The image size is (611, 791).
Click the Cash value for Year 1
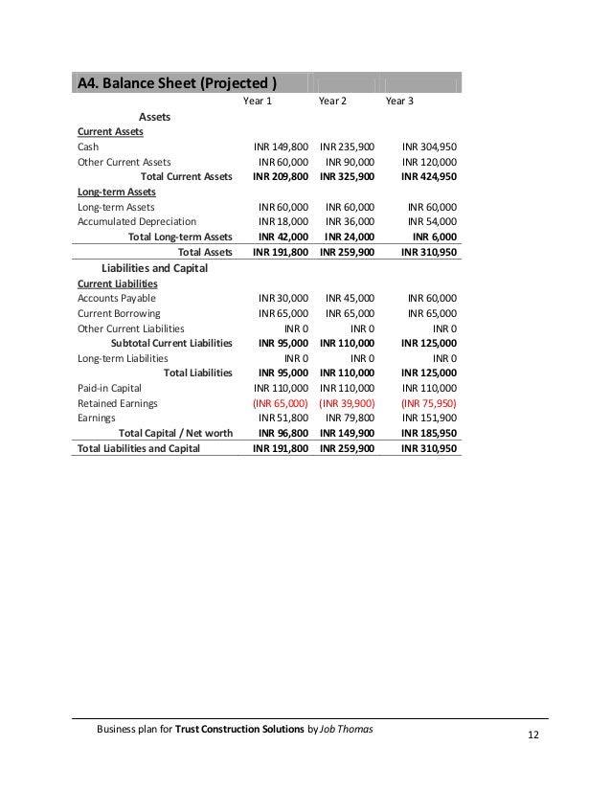(281, 147)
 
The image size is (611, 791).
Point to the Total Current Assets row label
(186, 176)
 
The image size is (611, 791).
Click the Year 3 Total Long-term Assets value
(434, 236)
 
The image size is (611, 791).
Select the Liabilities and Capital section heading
(154, 268)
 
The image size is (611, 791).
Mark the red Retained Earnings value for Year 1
(280, 403)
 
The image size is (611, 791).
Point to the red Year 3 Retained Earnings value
(428, 403)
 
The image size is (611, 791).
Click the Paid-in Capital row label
(109, 388)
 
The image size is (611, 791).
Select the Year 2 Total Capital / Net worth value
(347, 433)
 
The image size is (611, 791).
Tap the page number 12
(533, 734)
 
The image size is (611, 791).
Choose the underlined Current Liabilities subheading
(117, 283)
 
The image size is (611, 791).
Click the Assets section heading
(155, 116)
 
